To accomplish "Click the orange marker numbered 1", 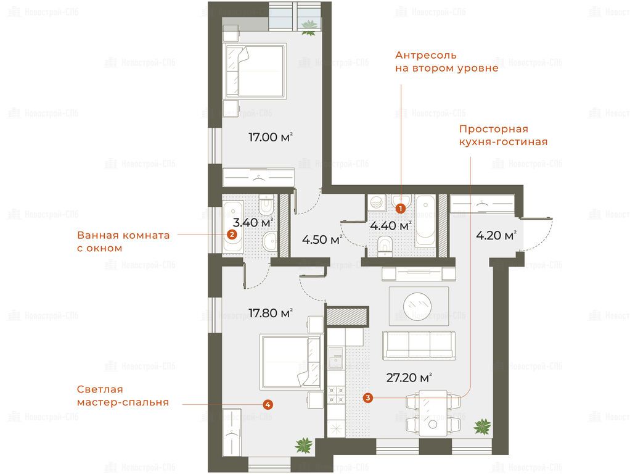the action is [x=400, y=209].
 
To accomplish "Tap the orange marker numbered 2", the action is [x=232, y=235].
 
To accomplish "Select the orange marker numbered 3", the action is [x=367, y=398].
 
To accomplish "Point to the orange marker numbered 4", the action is [x=268, y=404].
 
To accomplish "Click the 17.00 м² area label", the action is [x=270, y=137].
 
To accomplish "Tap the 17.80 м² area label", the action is [x=270, y=313].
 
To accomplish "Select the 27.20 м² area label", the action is [x=409, y=378].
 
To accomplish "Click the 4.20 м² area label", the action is [x=496, y=235].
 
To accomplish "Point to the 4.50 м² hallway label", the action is [x=322, y=240].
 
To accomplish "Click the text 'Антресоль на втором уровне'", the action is [x=446, y=61].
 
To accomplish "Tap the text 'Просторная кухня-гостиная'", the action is [x=503, y=135].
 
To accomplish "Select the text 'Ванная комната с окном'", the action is [x=123, y=241].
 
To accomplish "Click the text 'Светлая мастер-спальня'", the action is [x=123, y=396].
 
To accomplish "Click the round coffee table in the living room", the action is [x=417, y=306].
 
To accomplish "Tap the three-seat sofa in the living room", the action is [x=419, y=345].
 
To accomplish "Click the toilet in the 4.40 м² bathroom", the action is [x=385, y=246].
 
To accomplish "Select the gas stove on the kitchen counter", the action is [x=336, y=394].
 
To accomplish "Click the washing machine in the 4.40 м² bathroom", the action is [x=377, y=203].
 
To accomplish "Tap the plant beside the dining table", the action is [x=482, y=426].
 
